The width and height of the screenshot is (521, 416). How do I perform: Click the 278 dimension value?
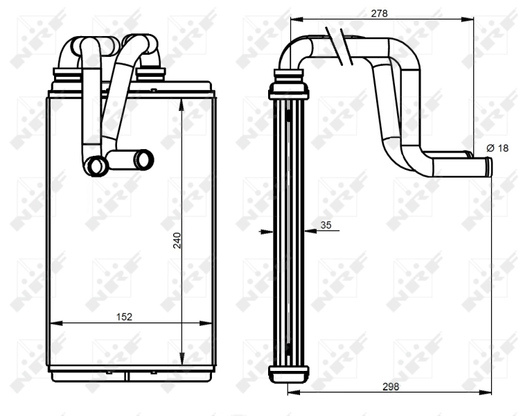click(x=379, y=12)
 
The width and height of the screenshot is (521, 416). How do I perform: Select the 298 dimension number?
click(x=389, y=386)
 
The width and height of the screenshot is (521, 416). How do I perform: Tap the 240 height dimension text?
click(x=177, y=241)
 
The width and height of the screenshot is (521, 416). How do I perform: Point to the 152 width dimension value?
click(x=123, y=316)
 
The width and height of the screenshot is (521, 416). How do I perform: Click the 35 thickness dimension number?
click(x=327, y=225)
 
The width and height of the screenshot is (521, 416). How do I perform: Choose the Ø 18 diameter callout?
click(x=497, y=148)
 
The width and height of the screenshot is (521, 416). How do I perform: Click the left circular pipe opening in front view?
click(x=96, y=165)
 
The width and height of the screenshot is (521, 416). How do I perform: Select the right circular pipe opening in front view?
click(x=144, y=159)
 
